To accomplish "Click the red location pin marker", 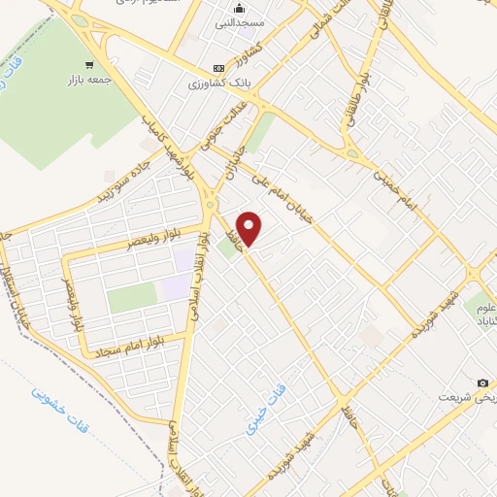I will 249,229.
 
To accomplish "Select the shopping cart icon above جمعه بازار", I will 90,65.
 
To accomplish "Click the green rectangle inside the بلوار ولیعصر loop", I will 131,299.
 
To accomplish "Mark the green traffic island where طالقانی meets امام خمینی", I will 352,154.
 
